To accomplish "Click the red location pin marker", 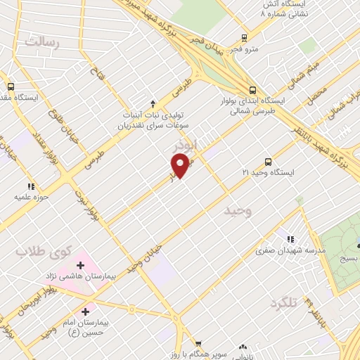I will [x=181, y=165].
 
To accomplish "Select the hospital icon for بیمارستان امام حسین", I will [x=86, y=310].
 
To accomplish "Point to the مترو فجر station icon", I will [x=244, y=38].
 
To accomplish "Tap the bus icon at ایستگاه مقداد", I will [x=10, y=86].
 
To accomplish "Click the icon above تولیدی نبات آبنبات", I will [x=153, y=103].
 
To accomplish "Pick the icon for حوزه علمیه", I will [x=30, y=186].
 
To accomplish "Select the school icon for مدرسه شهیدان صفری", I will [x=291, y=240].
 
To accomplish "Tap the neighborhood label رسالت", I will [x=44, y=41].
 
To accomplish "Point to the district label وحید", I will [x=238, y=210].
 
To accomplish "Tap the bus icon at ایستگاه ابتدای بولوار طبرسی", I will [x=252, y=89].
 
